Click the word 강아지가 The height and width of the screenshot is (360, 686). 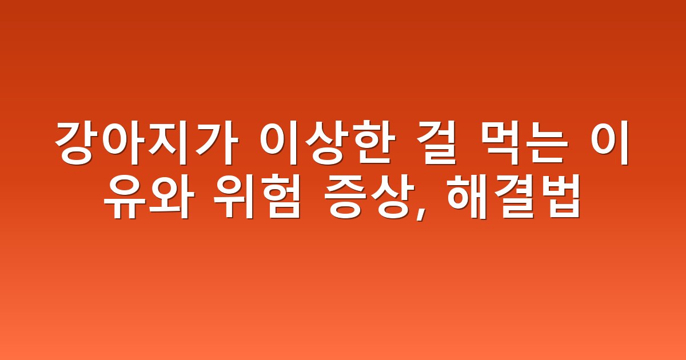point(147,143)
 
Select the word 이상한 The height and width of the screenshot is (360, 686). point(328,143)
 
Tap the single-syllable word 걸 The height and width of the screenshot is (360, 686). point(437,143)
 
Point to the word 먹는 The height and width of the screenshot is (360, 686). point(523,143)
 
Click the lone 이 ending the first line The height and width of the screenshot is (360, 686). point(610,143)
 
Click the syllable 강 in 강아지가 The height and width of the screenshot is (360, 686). point(77,143)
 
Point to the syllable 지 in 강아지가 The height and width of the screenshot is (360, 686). point(170,143)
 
